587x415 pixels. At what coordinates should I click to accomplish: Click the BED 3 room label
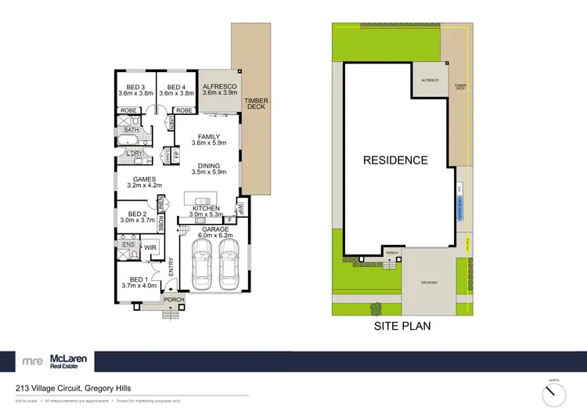coord(136,87)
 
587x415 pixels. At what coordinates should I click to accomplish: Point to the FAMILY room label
coord(208,137)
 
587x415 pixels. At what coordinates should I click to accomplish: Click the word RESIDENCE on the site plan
coord(394,161)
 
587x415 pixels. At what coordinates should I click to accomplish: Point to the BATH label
coord(130,131)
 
